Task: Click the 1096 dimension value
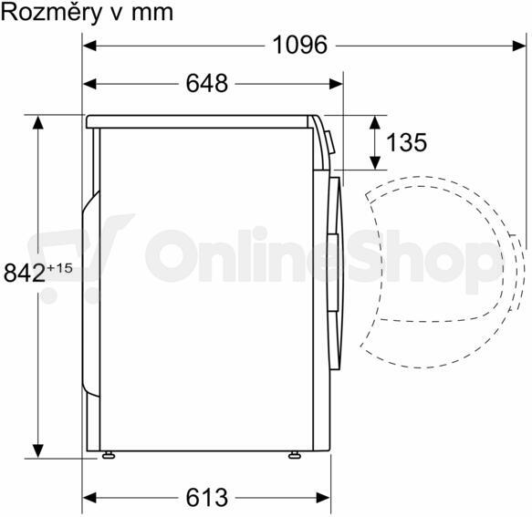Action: [300, 45]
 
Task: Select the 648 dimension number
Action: [207, 83]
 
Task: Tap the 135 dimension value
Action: [406, 142]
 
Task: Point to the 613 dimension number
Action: [207, 498]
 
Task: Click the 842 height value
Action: [24, 274]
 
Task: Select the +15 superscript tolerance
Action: [59, 268]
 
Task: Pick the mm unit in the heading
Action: [152, 15]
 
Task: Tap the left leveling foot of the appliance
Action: [109, 455]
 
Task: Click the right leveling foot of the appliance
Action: [294, 455]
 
